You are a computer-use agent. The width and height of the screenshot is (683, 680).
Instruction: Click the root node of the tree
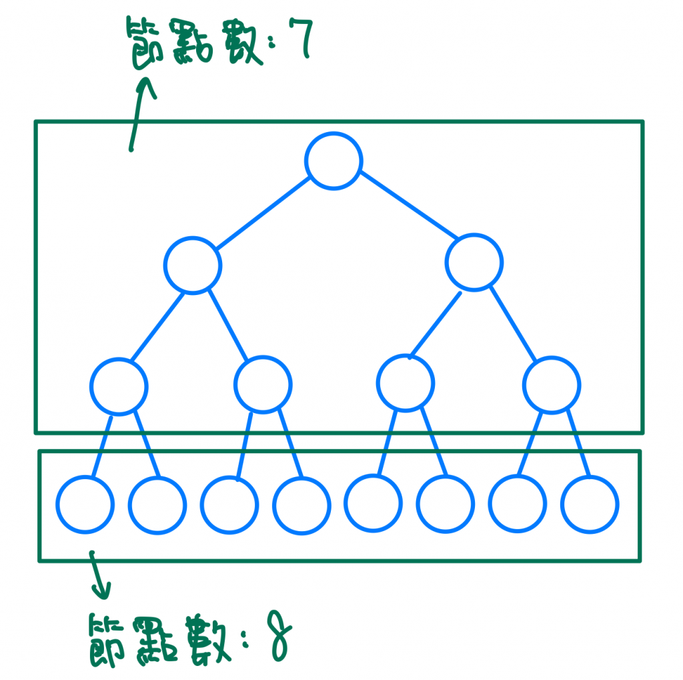coord(333,160)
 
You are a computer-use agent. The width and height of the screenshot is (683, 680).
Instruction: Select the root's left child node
coord(193,264)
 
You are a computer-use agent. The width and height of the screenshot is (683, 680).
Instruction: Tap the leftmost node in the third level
coord(119,386)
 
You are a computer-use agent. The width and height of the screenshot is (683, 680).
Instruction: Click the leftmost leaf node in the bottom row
coord(84,504)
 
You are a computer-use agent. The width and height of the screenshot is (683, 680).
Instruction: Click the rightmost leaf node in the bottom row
coord(590,504)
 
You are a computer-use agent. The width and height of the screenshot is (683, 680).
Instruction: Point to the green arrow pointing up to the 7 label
coord(140,113)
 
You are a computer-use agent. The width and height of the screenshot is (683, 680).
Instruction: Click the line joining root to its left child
coord(263,212)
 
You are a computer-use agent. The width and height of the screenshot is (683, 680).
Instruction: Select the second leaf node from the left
coord(157,504)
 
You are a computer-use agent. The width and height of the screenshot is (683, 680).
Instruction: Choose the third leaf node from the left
coord(229,504)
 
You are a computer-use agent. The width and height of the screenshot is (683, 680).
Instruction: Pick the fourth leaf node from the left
coord(301,504)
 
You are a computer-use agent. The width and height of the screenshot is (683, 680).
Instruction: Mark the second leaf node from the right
coord(517,504)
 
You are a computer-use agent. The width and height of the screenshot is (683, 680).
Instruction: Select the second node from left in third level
coord(263,385)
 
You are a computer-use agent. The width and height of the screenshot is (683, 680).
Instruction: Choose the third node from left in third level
coord(405,382)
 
